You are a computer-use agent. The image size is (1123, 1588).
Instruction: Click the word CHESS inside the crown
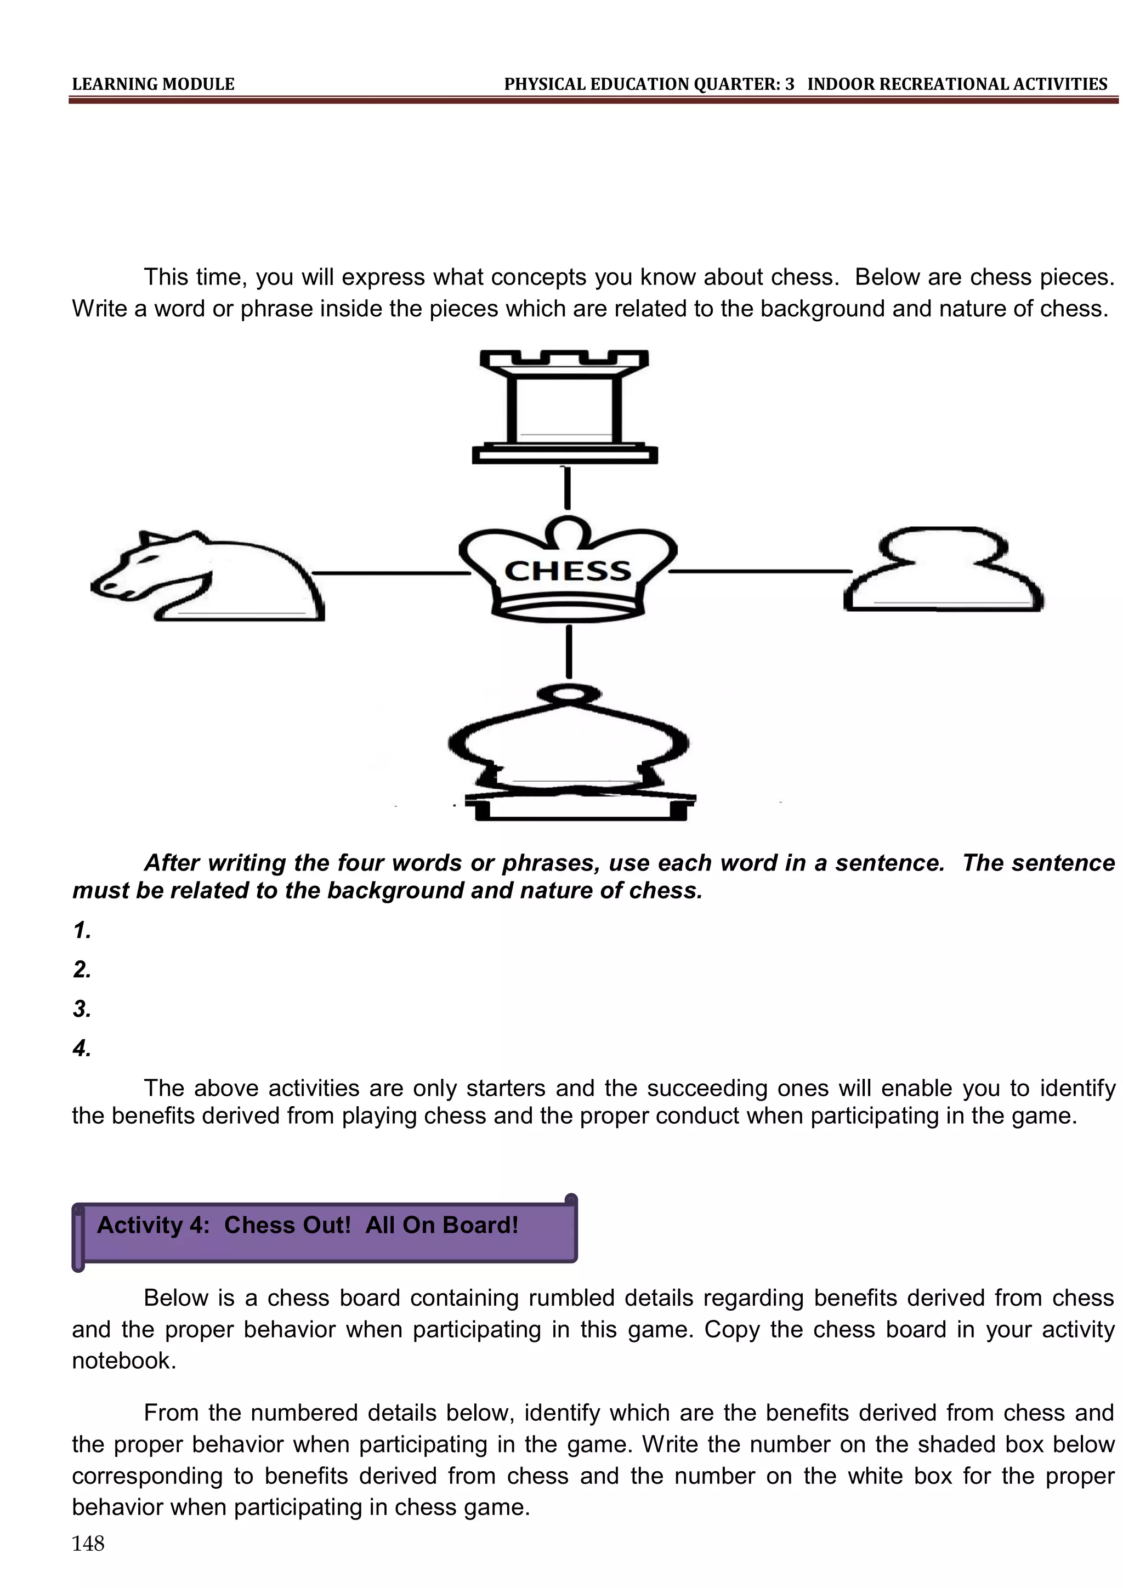tap(568, 571)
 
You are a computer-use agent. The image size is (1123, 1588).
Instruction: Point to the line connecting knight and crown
tap(391, 573)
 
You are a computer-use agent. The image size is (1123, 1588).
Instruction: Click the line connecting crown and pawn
tap(760, 571)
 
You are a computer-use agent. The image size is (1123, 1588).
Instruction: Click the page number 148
tap(88, 1543)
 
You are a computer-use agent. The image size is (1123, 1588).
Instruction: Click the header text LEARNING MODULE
tap(153, 84)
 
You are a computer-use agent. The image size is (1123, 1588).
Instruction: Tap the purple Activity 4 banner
tap(325, 1232)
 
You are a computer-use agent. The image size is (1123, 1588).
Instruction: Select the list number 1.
tap(82, 930)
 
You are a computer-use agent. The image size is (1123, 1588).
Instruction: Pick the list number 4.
tap(82, 1049)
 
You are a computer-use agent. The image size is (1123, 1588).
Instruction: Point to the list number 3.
tap(82, 1009)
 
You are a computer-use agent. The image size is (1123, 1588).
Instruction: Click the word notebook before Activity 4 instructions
tap(124, 1361)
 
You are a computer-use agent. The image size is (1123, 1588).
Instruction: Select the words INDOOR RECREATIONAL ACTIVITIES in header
tap(957, 84)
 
